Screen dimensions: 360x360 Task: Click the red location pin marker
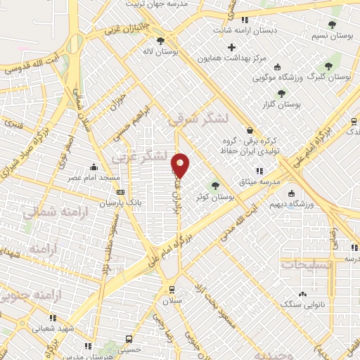[181, 165]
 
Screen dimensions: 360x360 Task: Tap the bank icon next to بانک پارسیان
[121, 192]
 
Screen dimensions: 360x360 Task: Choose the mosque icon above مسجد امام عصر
[94, 167]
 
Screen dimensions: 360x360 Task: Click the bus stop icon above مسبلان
[172, 289]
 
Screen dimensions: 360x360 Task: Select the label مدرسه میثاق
[260, 181]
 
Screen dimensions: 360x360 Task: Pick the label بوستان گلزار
[303, 103]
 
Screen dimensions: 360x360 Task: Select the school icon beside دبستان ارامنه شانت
[245, 20]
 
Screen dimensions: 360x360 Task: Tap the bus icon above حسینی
[127, 337]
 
